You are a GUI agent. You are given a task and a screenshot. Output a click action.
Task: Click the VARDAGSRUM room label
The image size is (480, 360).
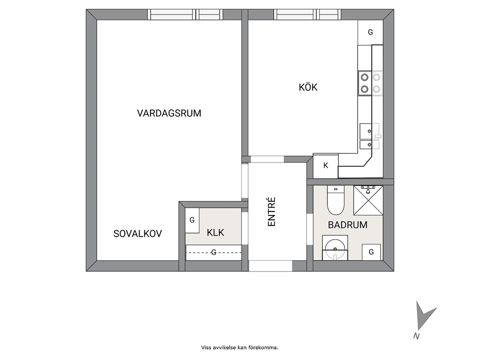(169, 113)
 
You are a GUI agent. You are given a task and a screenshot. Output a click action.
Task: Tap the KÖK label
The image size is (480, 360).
(308, 87)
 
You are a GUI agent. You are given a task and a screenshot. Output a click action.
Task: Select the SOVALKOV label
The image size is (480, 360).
(137, 234)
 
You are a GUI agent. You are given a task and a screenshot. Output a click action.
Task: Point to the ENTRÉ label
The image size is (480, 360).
(272, 212)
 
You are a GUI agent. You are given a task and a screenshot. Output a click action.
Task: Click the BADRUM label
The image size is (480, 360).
(347, 225)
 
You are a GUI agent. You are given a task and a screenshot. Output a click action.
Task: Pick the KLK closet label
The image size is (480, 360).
(215, 233)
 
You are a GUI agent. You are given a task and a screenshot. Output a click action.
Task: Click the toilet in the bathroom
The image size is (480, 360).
(336, 200)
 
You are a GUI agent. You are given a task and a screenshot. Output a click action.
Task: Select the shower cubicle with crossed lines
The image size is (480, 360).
(368, 200)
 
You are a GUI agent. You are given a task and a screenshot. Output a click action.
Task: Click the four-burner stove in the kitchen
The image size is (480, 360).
(371, 83)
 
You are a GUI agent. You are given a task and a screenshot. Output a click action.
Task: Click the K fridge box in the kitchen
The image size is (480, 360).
(326, 165)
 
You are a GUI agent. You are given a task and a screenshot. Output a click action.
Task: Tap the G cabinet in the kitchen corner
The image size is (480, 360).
(371, 32)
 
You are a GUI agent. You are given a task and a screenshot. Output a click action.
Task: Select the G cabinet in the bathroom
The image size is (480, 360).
(371, 252)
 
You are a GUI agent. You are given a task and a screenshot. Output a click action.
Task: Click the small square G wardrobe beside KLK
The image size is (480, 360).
(192, 220)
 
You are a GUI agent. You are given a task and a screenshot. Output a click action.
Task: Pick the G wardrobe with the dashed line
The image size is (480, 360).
(214, 253)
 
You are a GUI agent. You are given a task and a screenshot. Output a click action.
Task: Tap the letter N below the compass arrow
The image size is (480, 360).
(416, 336)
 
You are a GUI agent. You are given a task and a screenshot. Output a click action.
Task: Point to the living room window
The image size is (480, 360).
(185, 15)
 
